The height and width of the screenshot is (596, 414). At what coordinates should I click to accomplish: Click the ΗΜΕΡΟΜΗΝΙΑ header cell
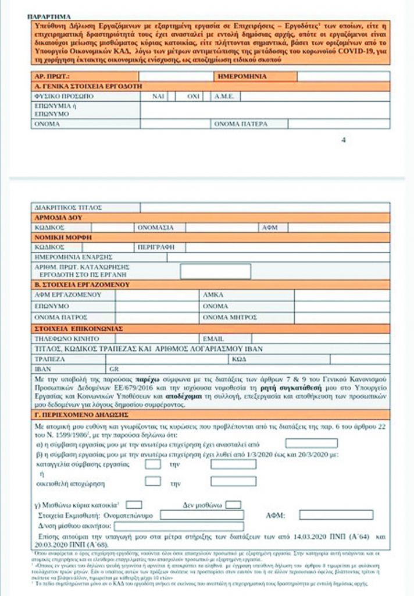(x=242, y=76)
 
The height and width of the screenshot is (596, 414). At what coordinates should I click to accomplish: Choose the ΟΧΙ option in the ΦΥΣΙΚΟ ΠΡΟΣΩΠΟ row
(x=193, y=96)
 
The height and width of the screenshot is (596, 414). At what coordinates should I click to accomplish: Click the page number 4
(x=343, y=140)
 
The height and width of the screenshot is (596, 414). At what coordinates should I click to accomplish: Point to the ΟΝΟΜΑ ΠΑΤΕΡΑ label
(x=241, y=124)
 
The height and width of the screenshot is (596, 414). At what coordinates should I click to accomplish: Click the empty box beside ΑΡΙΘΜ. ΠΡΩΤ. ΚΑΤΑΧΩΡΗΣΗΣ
(x=215, y=271)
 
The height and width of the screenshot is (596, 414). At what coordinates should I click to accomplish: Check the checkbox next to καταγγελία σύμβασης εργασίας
(x=152, y=464)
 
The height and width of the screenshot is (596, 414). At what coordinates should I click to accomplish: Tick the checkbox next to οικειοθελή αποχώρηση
(x=152, y=481)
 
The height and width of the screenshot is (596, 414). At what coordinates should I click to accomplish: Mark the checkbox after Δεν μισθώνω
(x=233, y=504)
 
